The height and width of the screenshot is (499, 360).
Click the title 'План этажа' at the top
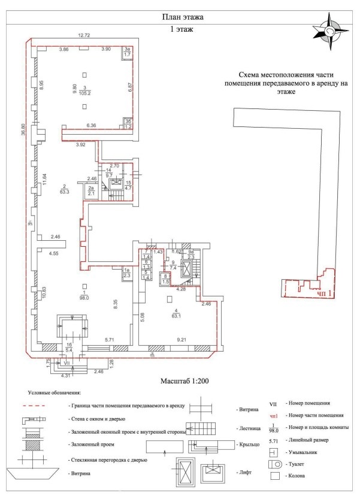point(180,16)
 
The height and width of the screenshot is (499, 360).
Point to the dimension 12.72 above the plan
point(84,36)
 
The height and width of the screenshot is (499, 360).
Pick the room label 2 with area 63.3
point(63,189)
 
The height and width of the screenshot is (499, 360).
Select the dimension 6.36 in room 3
point(91,125)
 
